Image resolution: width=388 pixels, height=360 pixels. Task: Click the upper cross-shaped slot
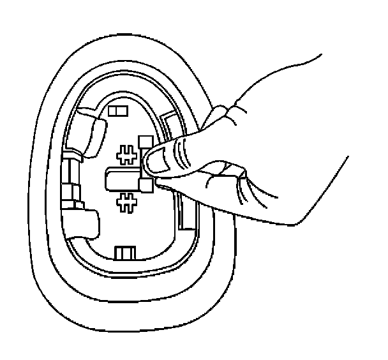click(128, 155)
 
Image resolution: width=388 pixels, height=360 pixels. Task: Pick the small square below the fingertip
click(146, 185)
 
